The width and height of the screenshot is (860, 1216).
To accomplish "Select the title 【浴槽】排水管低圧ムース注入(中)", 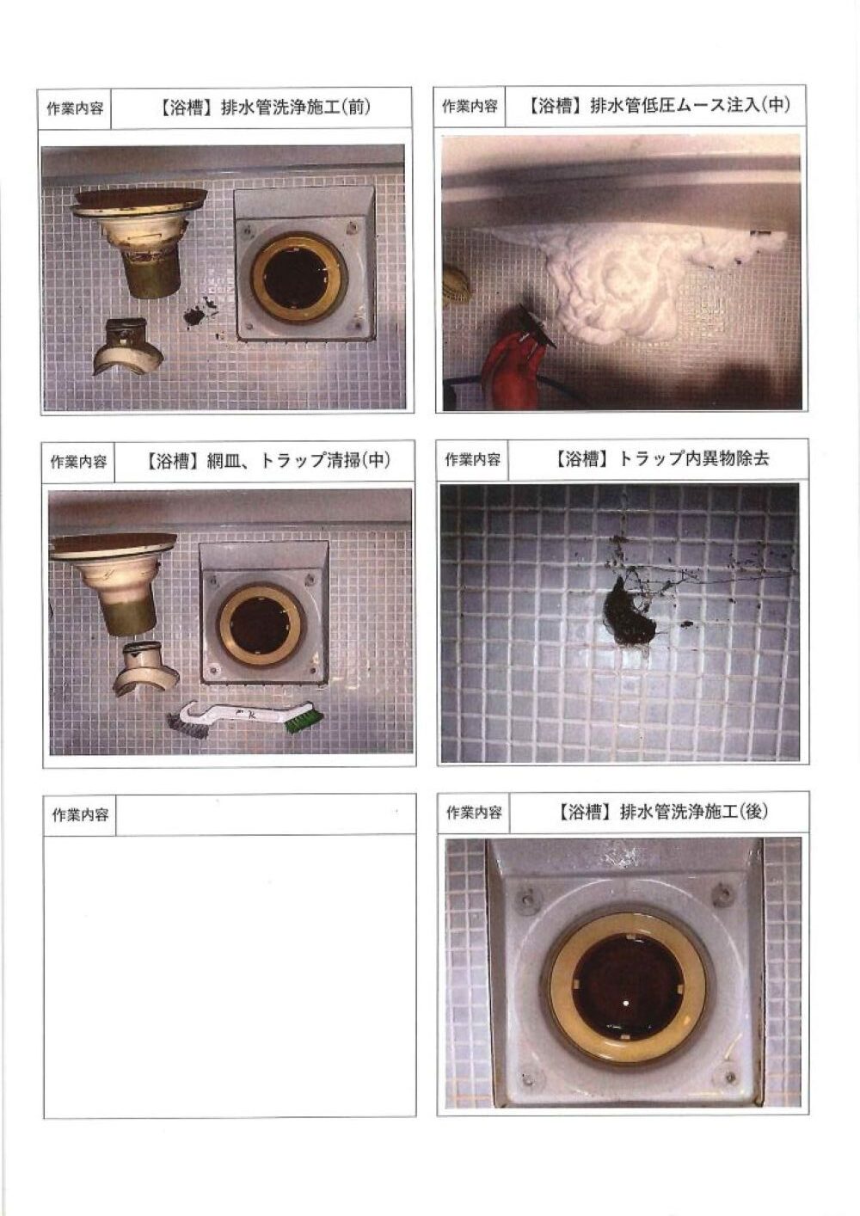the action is point(659,105).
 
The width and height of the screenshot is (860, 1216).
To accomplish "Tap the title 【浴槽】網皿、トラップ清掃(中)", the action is point(268,461).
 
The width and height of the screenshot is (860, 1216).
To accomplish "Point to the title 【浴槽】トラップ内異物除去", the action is point(660,458).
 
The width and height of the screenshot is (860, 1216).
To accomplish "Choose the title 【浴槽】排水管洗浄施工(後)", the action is point(661,812).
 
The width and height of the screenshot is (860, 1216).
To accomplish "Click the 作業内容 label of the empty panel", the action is point(80,815).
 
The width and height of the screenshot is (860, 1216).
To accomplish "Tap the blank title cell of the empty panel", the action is point(266,814).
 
